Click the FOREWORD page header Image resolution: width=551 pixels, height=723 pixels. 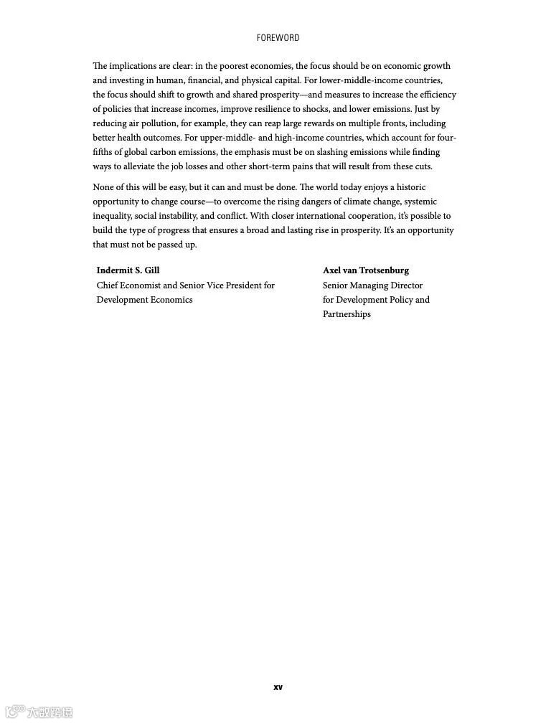tap(278, 38)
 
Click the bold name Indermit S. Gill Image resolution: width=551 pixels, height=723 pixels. tap(128, 270)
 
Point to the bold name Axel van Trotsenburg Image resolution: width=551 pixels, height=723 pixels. tap(366, 270)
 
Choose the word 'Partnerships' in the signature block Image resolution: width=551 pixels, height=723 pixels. tap(347, 314)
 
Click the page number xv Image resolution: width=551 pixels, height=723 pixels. tap(278, 687)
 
